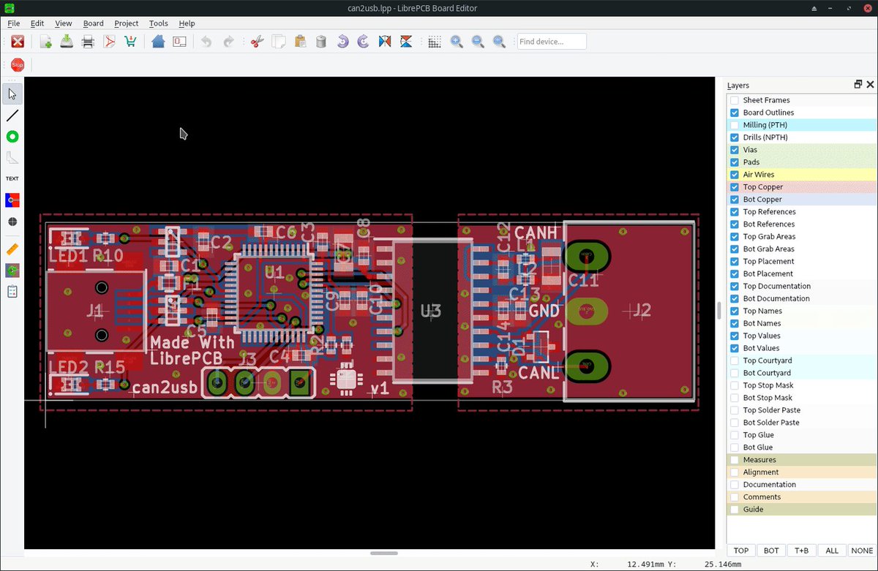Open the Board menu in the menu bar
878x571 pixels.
pyautogui.click(x=93, y=23)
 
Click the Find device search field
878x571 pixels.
pyautogui.click(x=552, y=42)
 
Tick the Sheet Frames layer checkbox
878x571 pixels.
pyautogui.click(x=735, y=100)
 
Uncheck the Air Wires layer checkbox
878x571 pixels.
pyautogui.click(x=735, y=175)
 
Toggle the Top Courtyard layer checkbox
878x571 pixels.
pyautogui.click(x=735, y=360)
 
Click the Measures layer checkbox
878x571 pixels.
pyautogui.click(x=735, y=460)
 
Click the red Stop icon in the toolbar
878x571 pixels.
pyautogui.click(x=18, y=65)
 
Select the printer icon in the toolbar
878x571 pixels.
pyautogui.click(x=88, y=42)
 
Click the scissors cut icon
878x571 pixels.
pyautogui.click(x=256, y=42)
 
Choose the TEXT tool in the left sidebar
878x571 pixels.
pyautogui.click(x=12, y=178)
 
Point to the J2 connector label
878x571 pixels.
pyautogui.click(x=641, y=311)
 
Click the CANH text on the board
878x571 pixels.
pyautogui.click(x=536, y=232)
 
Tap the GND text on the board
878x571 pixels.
pyautogui.click(x=544, y=311)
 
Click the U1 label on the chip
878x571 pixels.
pyautogui.click(x=274, y=273)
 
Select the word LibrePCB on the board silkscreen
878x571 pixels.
pyautogui.click(x=186, y=359)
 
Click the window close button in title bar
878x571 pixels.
pyautogui.click(x=867, y=7)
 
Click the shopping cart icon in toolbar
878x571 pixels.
pyautogui.click(x=130, y=42)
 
